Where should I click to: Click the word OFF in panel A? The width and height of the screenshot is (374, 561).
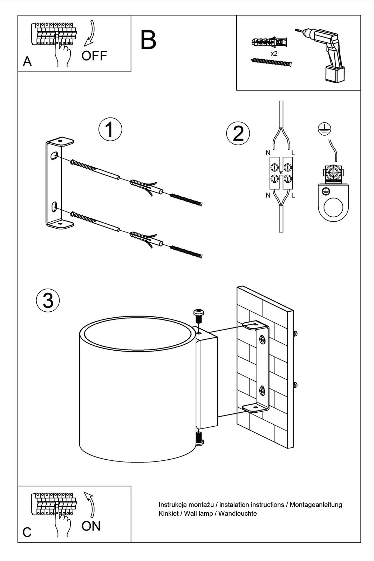[x=94, y=56]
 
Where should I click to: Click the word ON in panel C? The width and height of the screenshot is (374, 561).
[x=91, y=526]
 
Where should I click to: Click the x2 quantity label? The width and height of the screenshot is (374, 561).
[x=274, y=54]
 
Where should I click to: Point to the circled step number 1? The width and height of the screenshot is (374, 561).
[x=110, y=129]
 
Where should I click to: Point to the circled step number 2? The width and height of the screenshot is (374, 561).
[x=238, y=134]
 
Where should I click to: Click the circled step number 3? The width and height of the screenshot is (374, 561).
[x=48, y=300]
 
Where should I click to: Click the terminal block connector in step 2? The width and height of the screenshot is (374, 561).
[x=281, y=173]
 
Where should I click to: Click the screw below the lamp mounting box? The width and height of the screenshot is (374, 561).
[x=200, y=439]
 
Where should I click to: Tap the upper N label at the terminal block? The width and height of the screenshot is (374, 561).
[x=268, y=153]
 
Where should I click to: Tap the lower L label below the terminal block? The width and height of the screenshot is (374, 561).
[x=293, y=195]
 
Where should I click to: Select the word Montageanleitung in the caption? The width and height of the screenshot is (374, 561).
[x=316, y=505]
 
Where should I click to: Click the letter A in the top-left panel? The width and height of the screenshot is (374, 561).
[x=27, y=62]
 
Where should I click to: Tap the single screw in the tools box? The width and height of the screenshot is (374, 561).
[x=271, y=62]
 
